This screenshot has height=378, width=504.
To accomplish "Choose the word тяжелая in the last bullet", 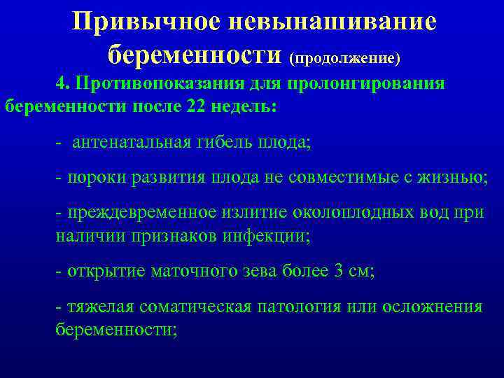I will coord(98,307).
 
